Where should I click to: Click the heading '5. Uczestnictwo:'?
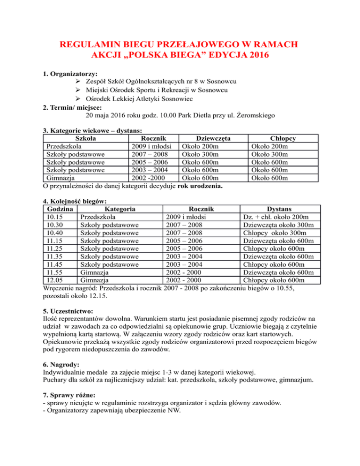click(67, 310)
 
